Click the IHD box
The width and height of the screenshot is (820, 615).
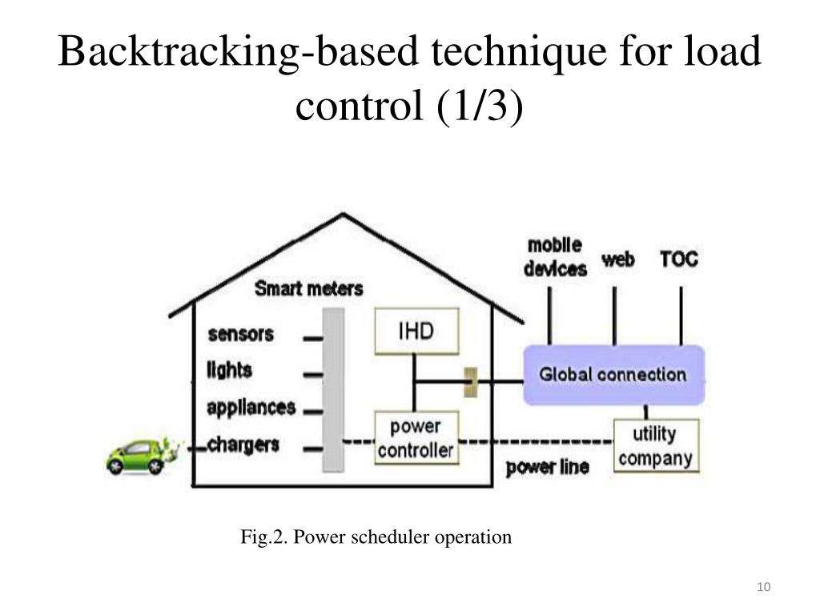(416, 331)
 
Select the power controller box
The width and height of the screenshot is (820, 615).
(416, 437)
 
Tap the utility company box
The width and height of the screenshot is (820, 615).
(655, 445)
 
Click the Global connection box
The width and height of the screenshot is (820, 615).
(613, 374)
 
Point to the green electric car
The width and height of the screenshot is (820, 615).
(138, 455)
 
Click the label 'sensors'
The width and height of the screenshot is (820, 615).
(241, 333)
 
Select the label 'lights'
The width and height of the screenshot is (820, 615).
(230, 370)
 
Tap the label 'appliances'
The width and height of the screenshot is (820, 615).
(251, 407)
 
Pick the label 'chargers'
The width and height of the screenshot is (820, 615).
(243, 444)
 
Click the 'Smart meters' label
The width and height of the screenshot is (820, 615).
(308, 288)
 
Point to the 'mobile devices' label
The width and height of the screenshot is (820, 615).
(555, 256)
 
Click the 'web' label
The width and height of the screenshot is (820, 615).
(617, 259)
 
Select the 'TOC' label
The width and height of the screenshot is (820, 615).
(679, 259)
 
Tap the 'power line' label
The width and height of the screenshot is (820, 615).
(548, 467)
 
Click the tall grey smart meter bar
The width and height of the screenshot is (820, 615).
(332, 390)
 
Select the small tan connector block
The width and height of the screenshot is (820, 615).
(471, 381)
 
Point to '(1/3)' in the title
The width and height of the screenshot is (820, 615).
(480, 107)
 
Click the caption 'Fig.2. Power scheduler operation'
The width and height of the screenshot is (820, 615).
(376, 537)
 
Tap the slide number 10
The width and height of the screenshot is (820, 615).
(763, 589)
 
